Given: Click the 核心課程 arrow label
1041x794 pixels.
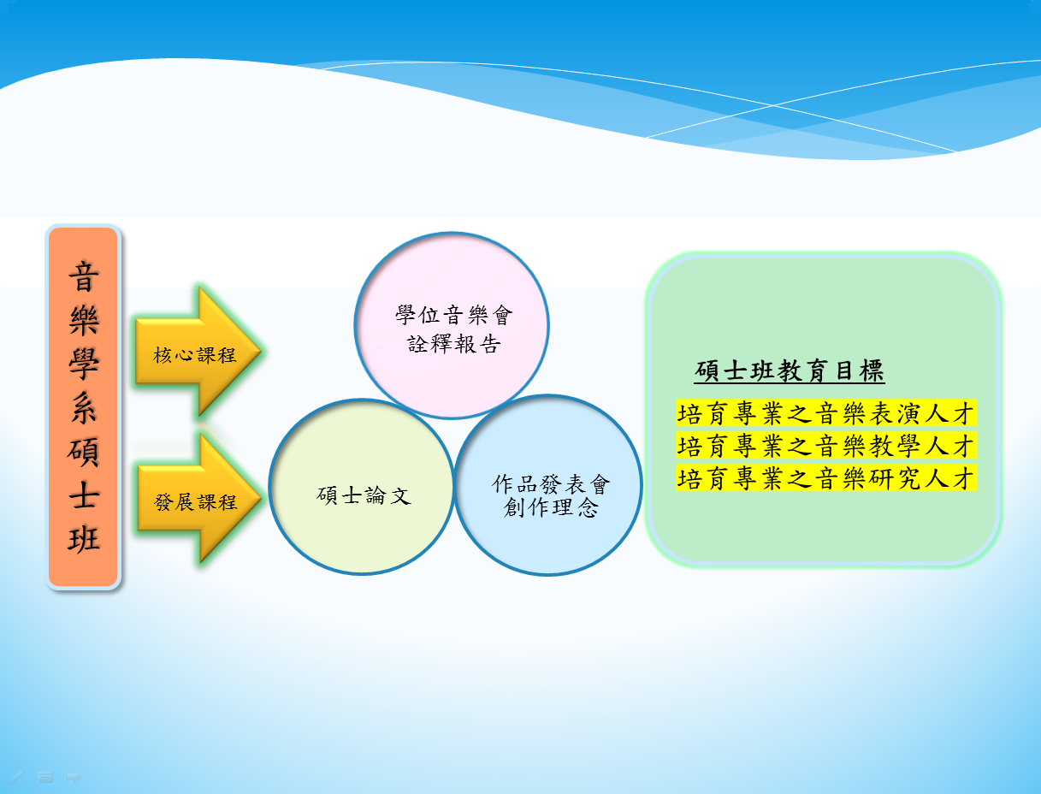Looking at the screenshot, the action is pos(194,355).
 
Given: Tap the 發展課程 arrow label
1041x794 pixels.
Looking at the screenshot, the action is pos(195,502).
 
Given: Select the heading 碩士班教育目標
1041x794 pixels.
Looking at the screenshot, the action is pos(790,371).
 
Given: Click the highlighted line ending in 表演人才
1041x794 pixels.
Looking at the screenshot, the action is pos(826,413).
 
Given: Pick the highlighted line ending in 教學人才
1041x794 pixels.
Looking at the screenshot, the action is pos(826,446).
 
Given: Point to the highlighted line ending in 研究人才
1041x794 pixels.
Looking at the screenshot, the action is pos(826,478).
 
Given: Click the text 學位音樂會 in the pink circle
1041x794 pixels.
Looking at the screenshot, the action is pos(454,315).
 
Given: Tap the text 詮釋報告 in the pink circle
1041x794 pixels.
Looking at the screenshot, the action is pos(454,344).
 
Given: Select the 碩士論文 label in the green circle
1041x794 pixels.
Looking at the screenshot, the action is pos(364,495).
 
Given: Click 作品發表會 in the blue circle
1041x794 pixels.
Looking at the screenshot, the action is pos(551,484).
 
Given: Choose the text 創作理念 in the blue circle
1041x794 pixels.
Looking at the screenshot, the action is pos(551,507).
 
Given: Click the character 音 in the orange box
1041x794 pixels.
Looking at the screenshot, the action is pos(84,276).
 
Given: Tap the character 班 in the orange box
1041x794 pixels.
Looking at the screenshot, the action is pos(84,539).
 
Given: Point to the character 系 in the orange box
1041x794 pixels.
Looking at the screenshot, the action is pos(84,407).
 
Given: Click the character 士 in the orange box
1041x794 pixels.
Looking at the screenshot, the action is pos(84,495).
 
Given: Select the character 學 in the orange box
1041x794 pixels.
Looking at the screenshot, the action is pos(84,364).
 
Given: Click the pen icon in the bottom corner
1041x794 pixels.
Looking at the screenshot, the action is pos(16,777).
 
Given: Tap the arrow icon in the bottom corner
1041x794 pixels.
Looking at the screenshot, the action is pos(74,777).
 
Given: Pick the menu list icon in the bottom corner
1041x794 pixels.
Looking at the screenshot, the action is pos(45,777).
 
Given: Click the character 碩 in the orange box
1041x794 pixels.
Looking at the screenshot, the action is pos(84,451).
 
